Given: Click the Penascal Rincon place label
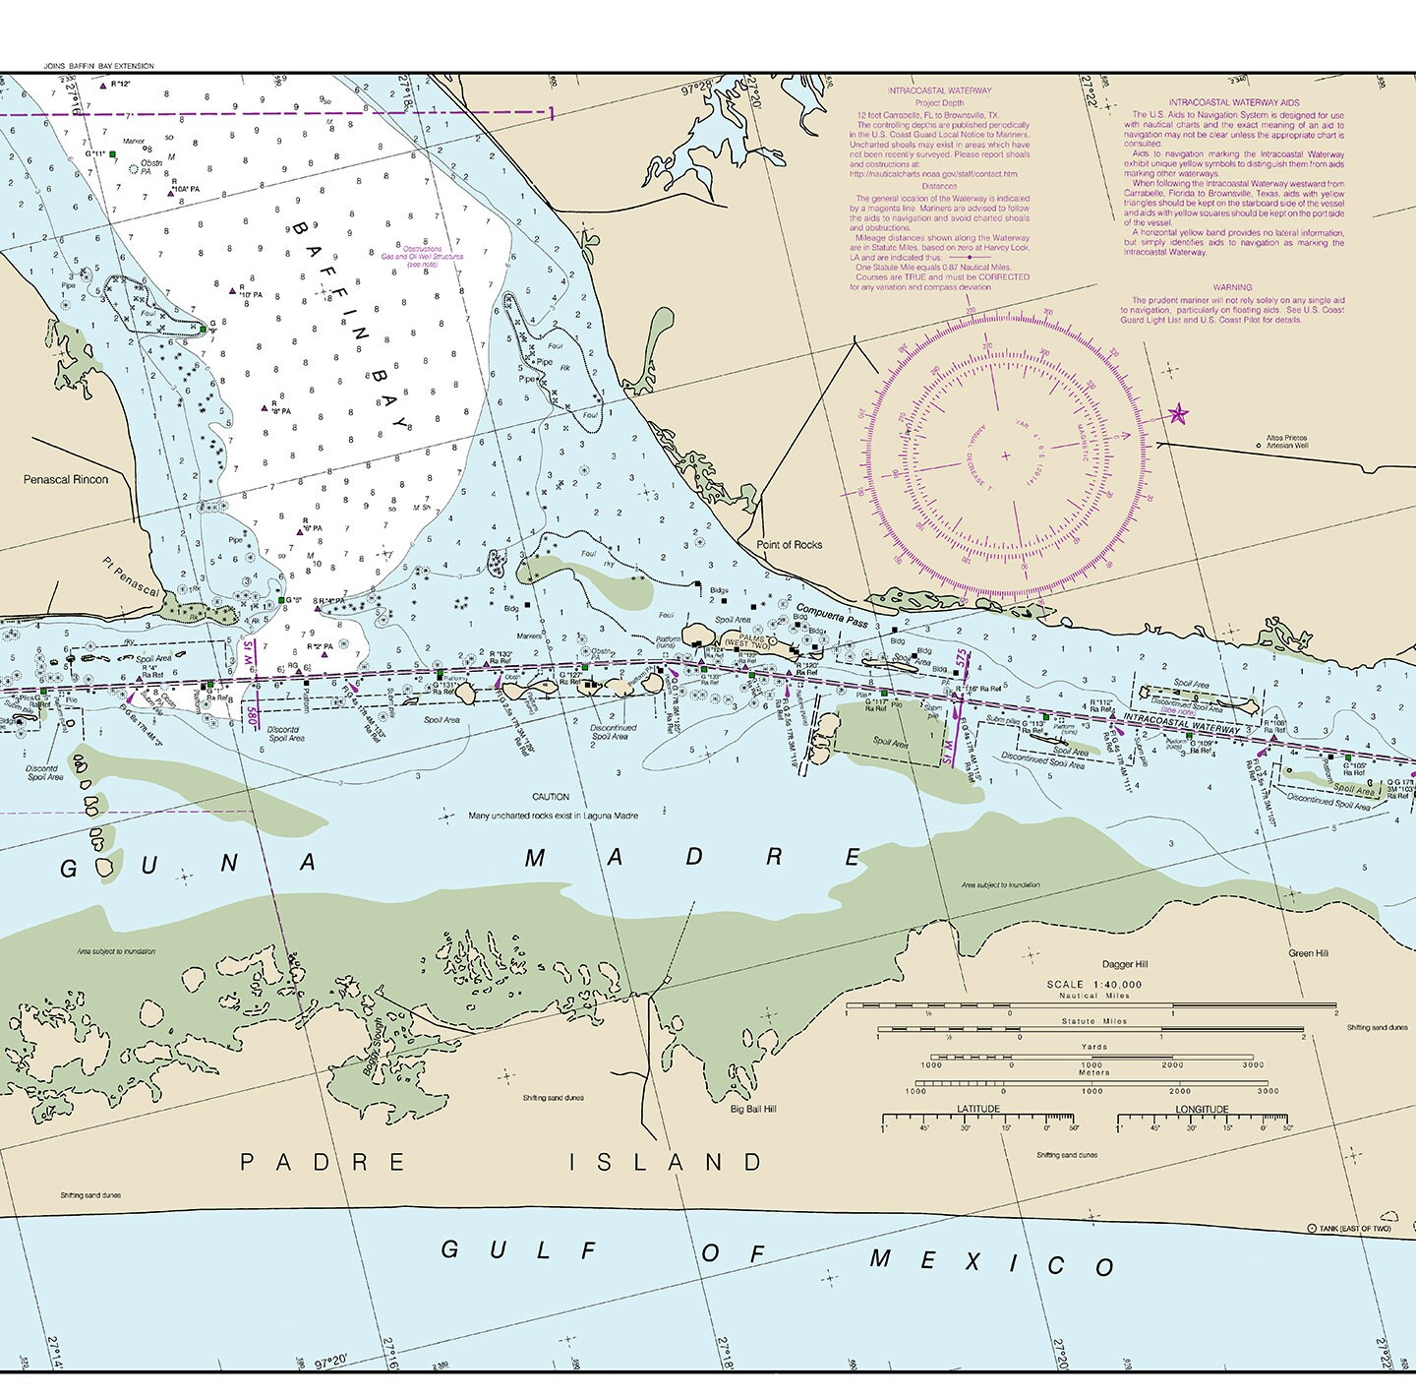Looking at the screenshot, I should pyautogui.click(x=66, y=479).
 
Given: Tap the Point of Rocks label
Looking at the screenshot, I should pyautogui.click(x=789, y=544).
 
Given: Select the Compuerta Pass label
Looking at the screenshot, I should pyautogui.click(x=832, y=615).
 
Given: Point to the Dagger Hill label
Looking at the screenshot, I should pyautogui.click(x=1125, y=964).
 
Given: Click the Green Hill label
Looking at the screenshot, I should pyautogui.click(x=1308, y=952).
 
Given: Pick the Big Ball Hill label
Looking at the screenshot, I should pyautogui.click(x=753, y=1109).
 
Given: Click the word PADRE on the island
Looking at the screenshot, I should pyautogui.click(x=323, y=1162).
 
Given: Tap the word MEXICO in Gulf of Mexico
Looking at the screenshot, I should pyautogui.click(x=993, y=1262).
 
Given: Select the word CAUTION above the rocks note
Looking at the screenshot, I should pyautogui.click(x=551, y=797).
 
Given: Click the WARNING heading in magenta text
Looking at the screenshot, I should pyautogui.click(x=1232, y=287).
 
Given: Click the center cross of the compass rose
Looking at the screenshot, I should pyautogui.click(x=1005, y=455).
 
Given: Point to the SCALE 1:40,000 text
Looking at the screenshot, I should pyautogui.click(x=1093, y=984).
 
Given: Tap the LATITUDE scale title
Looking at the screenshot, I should pyautogui.click(x=978, y=1109).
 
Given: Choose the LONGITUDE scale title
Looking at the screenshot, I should pyautogui.click(x=1202, y=1109).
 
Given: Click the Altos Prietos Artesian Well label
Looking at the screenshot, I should pyautogui.click(x=1287, y=441).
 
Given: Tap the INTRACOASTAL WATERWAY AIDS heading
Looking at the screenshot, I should pyautogui.click(x=1233, y=102).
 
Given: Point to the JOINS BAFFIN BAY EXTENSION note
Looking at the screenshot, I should pyautogui.click(x=99, y=66).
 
